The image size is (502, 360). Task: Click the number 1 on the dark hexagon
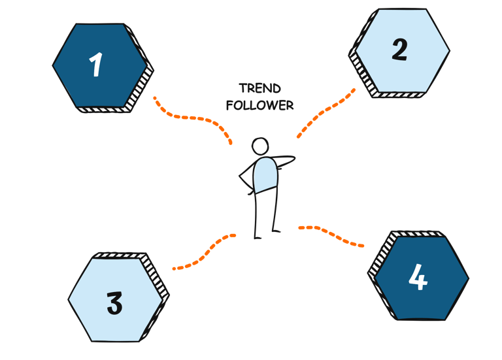(x=96, y=65)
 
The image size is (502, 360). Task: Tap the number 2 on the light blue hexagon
(x=399, y=50)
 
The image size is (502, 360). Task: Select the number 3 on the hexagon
(x=114, y=303)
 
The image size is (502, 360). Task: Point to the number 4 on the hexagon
(x=418, y=277)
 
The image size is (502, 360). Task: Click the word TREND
(x=259, y=88)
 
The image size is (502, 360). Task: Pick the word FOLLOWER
(x=259, y=105)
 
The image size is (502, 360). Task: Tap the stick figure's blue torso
(x=265, y=175)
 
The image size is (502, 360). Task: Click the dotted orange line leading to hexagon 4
(x=331, y=233)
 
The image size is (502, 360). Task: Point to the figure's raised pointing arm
(x=286, y=159)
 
